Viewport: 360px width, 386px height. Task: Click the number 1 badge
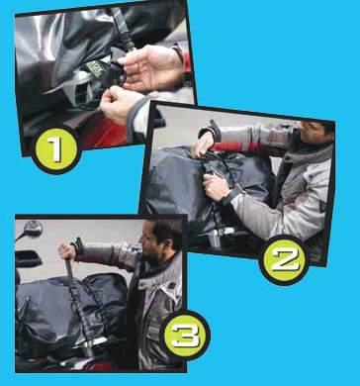(x=56, y=149)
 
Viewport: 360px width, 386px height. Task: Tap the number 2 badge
(x=284, y=260)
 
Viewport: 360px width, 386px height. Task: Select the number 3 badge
(x=185, y=336)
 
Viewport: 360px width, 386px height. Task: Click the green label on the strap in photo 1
(x=96, y=69)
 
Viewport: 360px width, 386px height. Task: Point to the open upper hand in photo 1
(x=148, y=67)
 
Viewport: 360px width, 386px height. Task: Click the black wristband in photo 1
(x=178, y=52)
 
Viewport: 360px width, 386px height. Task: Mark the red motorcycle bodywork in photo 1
(x=101, y=136)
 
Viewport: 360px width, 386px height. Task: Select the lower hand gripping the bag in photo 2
(x=217, y=186)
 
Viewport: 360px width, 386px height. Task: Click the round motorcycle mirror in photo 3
(x=32, y=228)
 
